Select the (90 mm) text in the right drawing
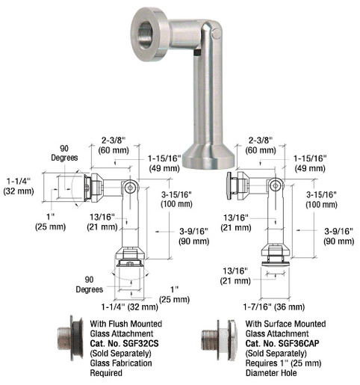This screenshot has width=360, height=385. [x=337, y=241]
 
